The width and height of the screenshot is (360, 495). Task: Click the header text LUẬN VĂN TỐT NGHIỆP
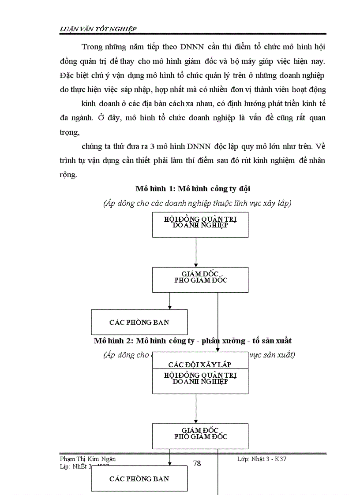(x=98, y=29)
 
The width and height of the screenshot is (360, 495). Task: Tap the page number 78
(x=197, y=463)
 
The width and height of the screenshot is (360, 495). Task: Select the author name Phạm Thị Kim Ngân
(x=88, y=459)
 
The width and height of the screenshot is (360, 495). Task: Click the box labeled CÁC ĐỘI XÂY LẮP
(x=200, y=365)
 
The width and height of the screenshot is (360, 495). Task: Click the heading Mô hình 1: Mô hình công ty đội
(x=193, y=189)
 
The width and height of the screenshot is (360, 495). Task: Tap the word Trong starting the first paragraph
(x=91, y=47)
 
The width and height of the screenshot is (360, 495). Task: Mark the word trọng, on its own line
(x=69, y=133)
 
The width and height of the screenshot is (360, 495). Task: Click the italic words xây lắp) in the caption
(x=277, y=203)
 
